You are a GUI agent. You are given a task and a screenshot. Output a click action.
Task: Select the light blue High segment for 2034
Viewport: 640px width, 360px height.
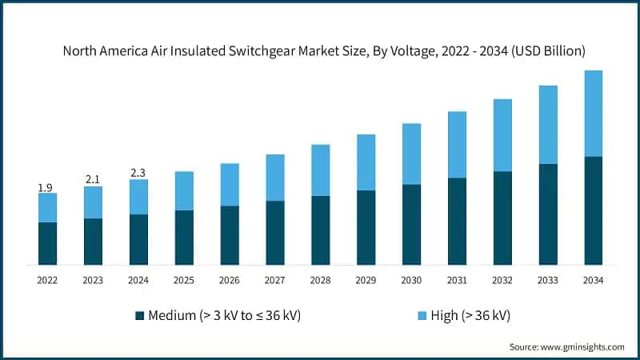(x=593, y=114)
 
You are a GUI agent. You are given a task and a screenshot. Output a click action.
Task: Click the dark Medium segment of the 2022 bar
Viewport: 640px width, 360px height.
(x=48, y=243)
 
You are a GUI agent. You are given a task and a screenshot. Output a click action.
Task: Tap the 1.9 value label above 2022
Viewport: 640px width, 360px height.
(x=47, y=188)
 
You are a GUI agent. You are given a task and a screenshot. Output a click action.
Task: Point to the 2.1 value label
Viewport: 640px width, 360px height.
(x=93, y=180)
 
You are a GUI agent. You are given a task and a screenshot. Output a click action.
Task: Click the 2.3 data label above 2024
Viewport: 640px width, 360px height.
(x=138, y=173)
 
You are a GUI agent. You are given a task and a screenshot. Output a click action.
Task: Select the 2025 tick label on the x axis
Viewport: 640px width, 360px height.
(x=184, y=280)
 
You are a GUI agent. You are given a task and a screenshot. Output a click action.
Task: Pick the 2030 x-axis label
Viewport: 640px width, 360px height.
(x=411, y=280)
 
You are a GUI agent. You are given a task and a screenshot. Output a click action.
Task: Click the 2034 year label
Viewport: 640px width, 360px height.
(x=593, y=280)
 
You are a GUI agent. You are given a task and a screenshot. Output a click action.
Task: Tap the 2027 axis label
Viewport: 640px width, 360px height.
(x=275, y=280)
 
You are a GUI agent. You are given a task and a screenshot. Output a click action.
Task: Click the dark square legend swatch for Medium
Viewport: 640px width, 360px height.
(x=140, y=315)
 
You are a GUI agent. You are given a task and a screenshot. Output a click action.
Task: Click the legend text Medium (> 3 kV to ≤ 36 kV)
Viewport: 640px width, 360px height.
(x=224, y=315)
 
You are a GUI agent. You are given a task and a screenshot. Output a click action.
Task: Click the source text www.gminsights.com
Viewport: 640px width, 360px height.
(x=566, y=346)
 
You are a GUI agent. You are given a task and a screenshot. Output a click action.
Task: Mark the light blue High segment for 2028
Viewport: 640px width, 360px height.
(x=320, y=170)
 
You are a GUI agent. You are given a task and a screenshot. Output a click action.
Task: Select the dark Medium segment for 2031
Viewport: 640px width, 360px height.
(x=457, y=221)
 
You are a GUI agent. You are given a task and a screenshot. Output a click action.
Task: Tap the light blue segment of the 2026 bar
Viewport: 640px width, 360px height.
(x=230, y=185)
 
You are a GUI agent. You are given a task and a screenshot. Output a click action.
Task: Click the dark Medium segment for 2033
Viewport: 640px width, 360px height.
(x=548, y=214)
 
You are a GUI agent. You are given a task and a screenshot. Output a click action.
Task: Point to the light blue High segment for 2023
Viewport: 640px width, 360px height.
(x=93, y=202)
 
